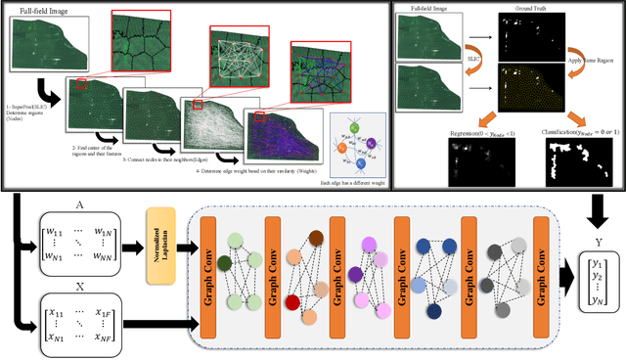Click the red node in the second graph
(290, 300)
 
